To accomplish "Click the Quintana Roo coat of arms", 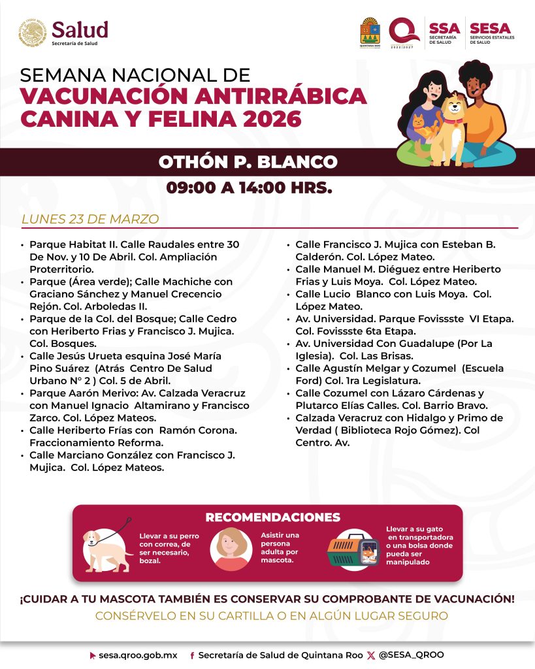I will click(370, 31).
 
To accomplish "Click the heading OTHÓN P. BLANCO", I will click(248, 162).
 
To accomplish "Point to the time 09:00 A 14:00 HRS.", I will click(249, 188).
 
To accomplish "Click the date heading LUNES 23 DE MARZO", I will click(90, 219).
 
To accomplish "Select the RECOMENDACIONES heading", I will click(267, 517).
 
